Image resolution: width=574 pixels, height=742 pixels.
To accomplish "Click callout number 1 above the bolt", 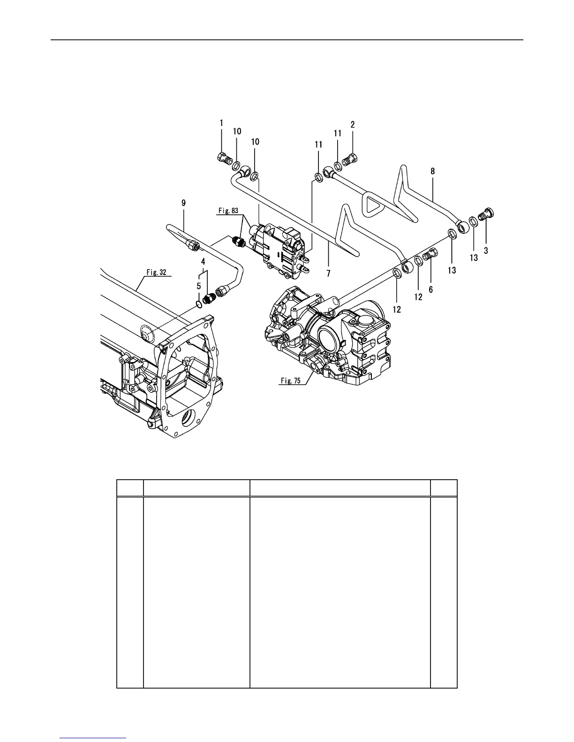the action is pyautogui.click(x=221, y=123).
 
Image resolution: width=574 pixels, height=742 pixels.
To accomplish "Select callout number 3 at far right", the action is pyautogui.click(x=486, y=251).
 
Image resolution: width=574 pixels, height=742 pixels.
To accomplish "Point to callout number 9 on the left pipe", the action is pyautogui.click(x=183, y=203).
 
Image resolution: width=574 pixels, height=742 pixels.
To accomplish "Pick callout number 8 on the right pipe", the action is pyautogui.click(x=433, y=171).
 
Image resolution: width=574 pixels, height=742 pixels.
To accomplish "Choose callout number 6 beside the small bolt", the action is pyautogui.click(x=430, y=289).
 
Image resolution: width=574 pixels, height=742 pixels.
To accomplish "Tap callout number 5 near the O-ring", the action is pyautogui.click(x=199, y=285).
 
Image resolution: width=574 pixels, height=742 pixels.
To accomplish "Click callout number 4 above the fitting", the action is pyautogui.click(x=203, y=261).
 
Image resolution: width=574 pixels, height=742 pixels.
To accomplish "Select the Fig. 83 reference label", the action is pyautogui.click(x=228, y=211).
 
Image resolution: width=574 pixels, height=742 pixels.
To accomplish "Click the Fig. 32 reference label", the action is pyautogui.click(x=156, y=272).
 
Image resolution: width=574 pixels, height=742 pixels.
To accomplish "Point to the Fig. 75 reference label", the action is pyautogui.click(x=290, y=381).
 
